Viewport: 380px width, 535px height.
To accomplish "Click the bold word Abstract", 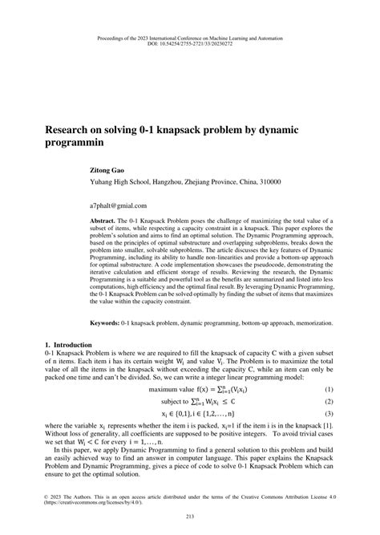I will tap(103, 220).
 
